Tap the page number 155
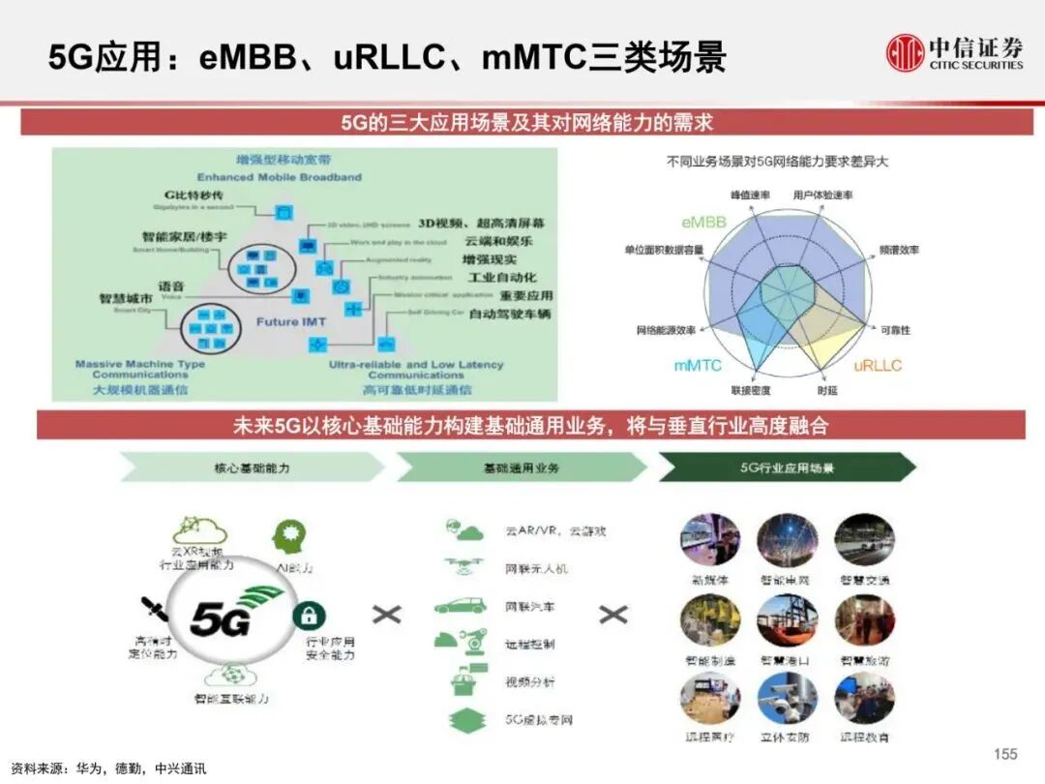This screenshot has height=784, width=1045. tap(1006, 754)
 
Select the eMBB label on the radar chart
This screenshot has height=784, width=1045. tap(702, 223)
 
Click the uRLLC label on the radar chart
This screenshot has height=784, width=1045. tap(878, 366)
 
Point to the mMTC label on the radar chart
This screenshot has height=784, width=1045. tap(698, 366)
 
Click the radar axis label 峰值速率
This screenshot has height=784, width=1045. tap(749, 196)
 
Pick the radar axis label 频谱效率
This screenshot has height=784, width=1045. tap(900, 250)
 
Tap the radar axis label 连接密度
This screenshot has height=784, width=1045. tap(750, 391)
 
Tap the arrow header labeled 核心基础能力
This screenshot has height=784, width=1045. tap(251, 467)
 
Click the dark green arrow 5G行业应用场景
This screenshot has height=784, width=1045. tap(787, 467)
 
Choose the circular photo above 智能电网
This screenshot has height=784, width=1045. tap(787, 540)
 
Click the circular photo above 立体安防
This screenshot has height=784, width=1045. tap(787, 699)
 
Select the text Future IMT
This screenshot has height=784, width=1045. tap(291, 321)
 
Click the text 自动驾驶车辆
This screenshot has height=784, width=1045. tap(510, 315)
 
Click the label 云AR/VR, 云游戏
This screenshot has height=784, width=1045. tap(554, 531)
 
